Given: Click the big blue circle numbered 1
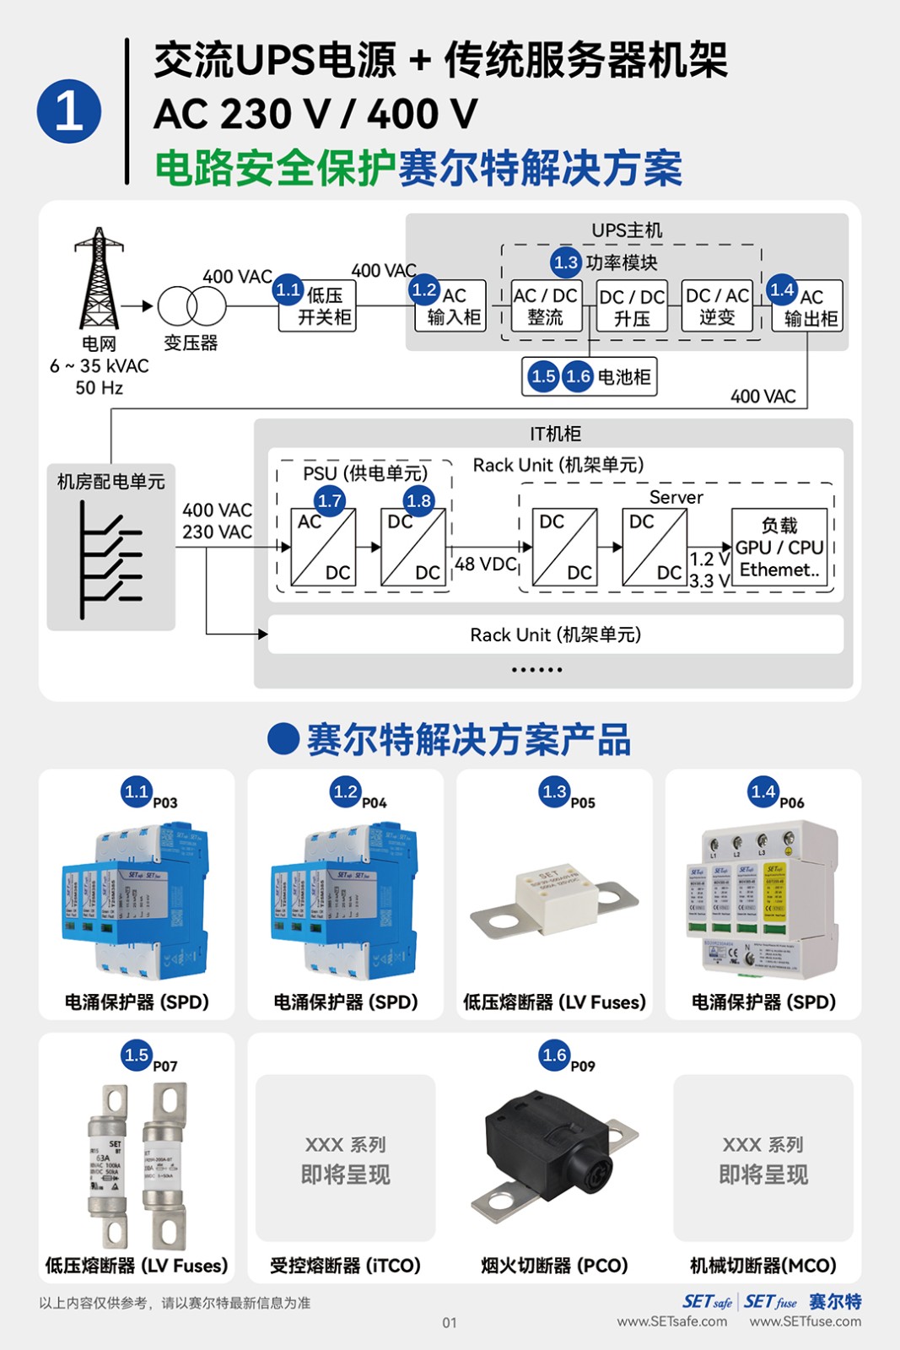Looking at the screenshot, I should (x=69, y=111).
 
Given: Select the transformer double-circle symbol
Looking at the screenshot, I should (x=192, y=305).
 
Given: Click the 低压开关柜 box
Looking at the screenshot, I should (x=317, y=305).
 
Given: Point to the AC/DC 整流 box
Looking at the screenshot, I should (x=546, y=305).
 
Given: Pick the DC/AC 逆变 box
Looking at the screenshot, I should (x=717, y=305).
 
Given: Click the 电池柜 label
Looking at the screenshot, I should (x=624, y=376).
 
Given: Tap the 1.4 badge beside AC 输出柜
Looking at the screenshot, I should (x=782, y=289).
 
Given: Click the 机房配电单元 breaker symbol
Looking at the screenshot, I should (x=110, y=559).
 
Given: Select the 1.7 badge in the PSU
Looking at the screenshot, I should (x=330, y=500).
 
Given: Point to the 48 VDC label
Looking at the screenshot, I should (x=485, y=564).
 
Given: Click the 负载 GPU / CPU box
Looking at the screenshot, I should (x=779, y=547).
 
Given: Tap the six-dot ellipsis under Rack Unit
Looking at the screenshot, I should (x=536, y=670).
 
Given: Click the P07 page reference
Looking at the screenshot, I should (x=165, y=1066).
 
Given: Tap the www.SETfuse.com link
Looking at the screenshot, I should (x=806, y=1321).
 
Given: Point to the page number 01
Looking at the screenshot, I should (x=450, y=1322).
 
